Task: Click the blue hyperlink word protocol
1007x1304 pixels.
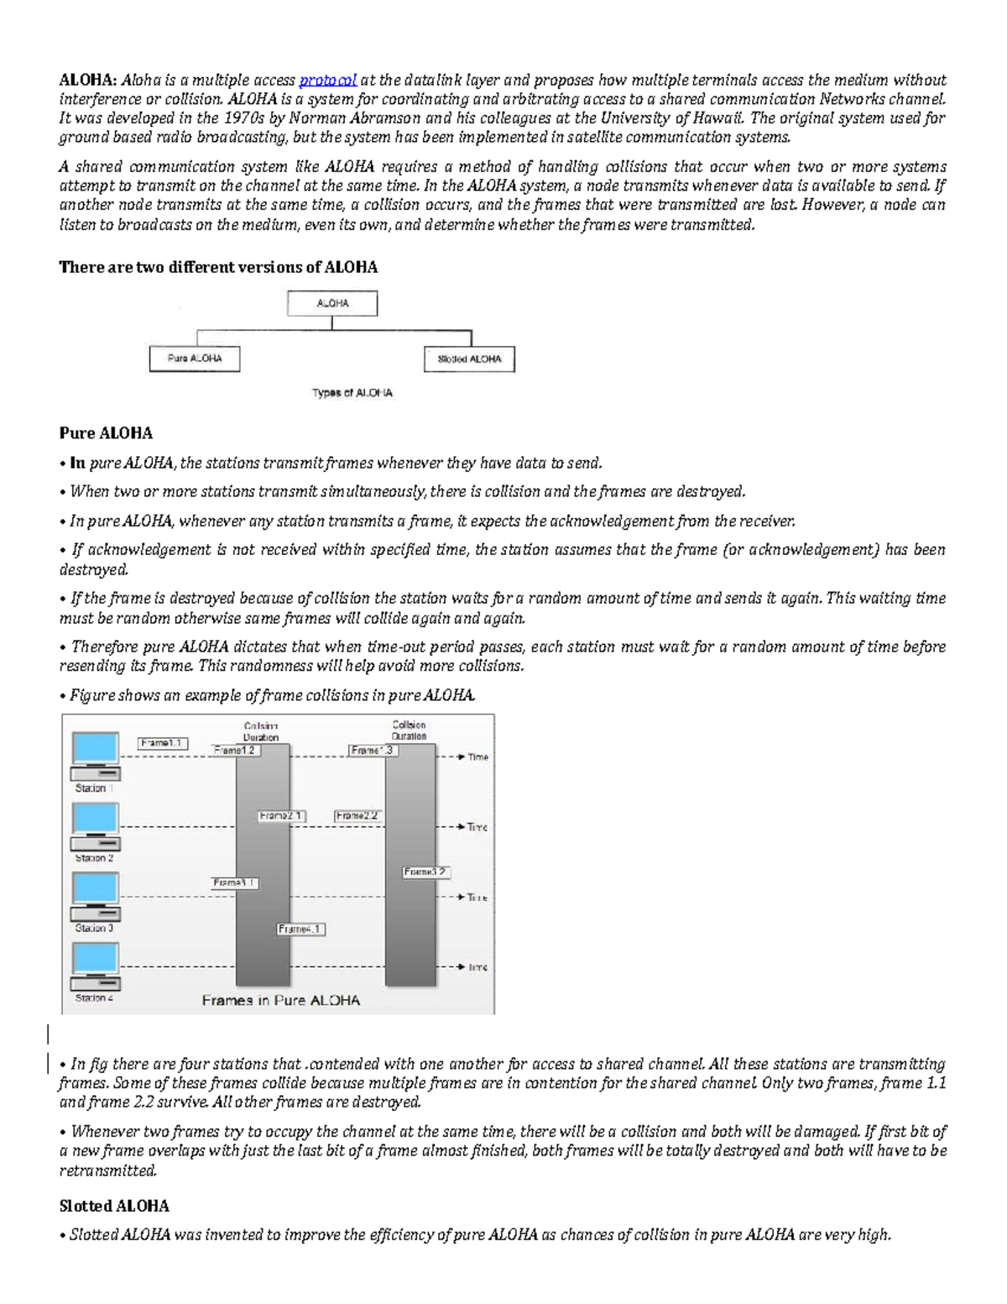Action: [x=327, y=81]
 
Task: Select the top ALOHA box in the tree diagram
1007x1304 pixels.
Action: [x=332, y=304]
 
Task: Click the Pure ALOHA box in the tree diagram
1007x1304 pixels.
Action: [x=195, y=359]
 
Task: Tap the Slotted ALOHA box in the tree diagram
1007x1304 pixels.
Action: [x=469, y=359]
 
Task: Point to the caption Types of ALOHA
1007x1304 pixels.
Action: [x=352, y=393]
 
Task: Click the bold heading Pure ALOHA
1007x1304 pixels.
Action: [x=106, y=433]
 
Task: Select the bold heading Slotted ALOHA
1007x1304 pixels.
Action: [x=114, y=1206]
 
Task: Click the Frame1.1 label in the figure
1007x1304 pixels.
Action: [x=163, y=743]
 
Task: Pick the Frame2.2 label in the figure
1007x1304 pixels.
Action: [x=358, y=815]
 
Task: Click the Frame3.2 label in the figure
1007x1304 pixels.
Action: [x=425, y=872]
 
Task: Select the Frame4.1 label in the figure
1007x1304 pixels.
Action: [x=300, y=930]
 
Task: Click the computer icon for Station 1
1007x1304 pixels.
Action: [x=95, y=755]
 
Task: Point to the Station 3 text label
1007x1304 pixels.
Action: [x=94, y=928]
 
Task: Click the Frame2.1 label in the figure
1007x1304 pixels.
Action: [x=282, y=815]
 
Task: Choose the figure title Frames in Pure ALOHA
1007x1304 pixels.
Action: [x=280, y=1000]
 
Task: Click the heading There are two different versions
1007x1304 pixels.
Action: [x=218, y=267]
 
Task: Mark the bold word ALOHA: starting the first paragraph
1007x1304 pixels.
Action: [x=88, y=81]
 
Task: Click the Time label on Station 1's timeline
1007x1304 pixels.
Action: [x=477, y=757]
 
